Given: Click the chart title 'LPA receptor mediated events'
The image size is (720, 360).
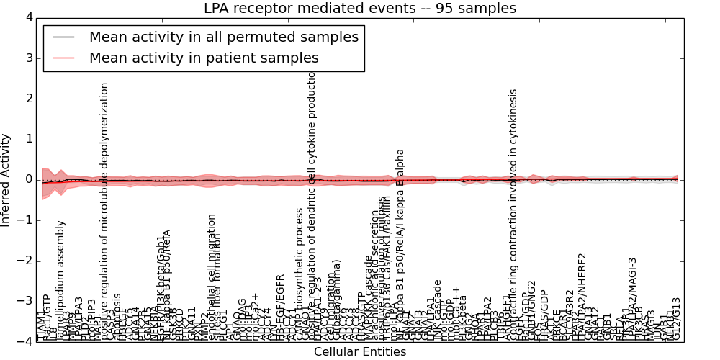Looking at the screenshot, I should [359, 9].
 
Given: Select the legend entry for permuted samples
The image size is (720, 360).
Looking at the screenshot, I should [223, 37].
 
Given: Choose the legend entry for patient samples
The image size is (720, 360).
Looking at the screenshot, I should [204, 58].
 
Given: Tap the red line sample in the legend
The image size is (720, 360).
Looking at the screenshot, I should [63, 58].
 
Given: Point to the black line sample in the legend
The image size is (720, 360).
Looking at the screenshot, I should [63, 37].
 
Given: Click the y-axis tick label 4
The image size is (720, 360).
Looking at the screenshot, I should [28, 17].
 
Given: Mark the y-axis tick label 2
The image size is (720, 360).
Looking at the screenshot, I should [28, 99].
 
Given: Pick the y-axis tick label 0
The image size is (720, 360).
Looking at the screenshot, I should [28, 179].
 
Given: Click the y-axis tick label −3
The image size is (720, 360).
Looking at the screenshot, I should [25, 301].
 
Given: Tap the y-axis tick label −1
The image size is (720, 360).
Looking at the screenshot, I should [25, 220].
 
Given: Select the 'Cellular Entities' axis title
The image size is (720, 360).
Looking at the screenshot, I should [359, 352].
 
